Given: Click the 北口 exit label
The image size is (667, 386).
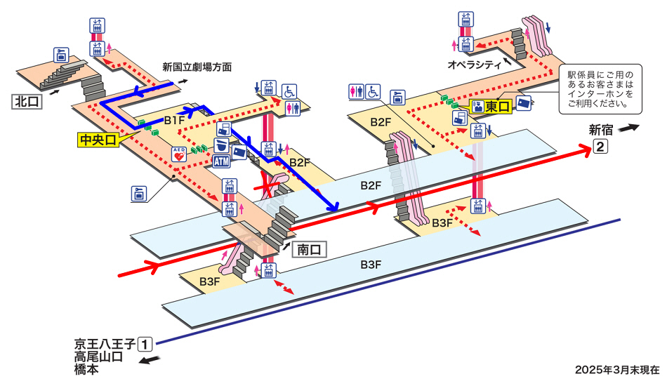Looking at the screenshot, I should point(28,102).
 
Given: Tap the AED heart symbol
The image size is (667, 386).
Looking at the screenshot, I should point(178,154).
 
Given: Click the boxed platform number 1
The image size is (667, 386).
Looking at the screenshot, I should point(145,344).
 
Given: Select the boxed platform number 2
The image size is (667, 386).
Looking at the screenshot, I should point(600,147).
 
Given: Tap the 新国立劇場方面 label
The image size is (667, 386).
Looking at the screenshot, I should point(197,67).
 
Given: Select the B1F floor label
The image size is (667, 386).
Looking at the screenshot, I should point(174,121).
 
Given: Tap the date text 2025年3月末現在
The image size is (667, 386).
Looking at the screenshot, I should point(617,370).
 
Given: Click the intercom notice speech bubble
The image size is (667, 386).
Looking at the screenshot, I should point(600,89).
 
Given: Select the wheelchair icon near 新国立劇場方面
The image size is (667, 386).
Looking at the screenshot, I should point(289,91).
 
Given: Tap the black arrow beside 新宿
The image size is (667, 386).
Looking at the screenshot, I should point(630,128).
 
